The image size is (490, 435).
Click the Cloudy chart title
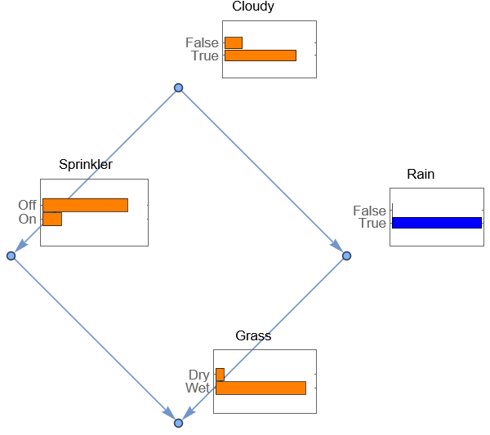tap(253, 7)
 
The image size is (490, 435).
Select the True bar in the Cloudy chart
tap(260, 55)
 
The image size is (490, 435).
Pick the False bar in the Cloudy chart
tap(234, 42)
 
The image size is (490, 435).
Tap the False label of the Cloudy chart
tap(202, 42)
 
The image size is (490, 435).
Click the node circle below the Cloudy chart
tap(178, 87)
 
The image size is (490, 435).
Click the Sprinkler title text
tap(86, 165)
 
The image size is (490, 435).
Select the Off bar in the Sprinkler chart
tap(85, 205)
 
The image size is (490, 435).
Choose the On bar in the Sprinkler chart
tap(52, 219)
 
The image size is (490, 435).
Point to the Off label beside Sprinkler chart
tap(28, 205)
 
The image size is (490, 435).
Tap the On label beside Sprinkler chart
tap(28, 219)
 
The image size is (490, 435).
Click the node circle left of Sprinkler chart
tap(11, 255)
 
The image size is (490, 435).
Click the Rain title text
tap(421, 175)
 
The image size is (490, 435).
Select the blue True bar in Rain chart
tap(437, 223)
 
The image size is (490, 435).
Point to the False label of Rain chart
tap(369, 211)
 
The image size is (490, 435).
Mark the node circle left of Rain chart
tap(346, 255)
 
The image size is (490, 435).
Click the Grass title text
tap(253, 336)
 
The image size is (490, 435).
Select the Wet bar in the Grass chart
tap(261, 388)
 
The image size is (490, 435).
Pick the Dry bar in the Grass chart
tap(220, 375)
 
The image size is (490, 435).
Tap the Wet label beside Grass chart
tap(198, 388)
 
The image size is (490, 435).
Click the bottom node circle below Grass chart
tap(178, 423)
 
